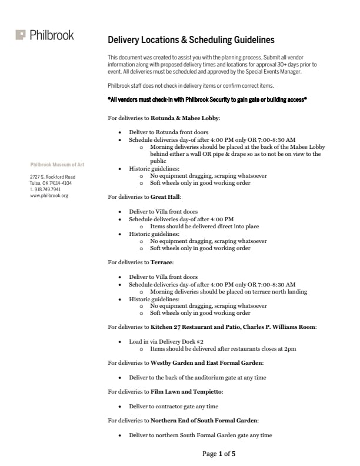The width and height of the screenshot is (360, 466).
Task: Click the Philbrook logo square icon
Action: tap(21, 35)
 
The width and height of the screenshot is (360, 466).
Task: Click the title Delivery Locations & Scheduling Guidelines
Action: tap(191, 40)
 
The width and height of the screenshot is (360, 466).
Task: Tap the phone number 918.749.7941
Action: tap(47, 189)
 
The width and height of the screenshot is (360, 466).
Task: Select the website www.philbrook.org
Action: tap(49, 195)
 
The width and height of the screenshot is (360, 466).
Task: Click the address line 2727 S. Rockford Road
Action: tap(52, 177)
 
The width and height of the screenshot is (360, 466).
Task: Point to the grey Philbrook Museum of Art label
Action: tap(57, 164)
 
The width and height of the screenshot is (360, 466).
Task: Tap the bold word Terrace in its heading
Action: tap(162, 262)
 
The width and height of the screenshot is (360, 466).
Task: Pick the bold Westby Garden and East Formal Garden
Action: tap(206, 363)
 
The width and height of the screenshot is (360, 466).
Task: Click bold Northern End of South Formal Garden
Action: tap(204, 421)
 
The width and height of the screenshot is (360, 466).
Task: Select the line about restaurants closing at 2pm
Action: tap(223, 349)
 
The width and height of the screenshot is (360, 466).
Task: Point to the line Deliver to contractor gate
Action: tap(174, 406)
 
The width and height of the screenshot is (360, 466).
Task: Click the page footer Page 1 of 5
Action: tap(219, 454)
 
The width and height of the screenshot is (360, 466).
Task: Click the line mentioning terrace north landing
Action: tap(228, 291)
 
